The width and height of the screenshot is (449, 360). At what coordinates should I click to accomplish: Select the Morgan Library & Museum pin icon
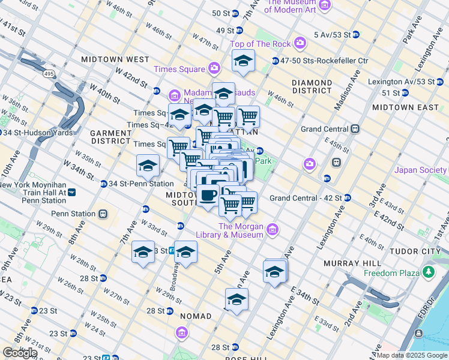pyautogui.click(x=273, y=229)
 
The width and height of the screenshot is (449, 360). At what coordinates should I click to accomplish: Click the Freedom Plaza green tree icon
pyautogui.click(x=429, y=273)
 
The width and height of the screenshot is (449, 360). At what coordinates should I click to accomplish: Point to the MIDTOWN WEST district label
pyautogui.click(x=115, y=59)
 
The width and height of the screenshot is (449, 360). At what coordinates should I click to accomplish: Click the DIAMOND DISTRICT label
pyautogui.click(x=312, y=86)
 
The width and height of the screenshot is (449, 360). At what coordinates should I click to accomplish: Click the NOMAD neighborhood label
pyautogui.click(x=194, y=316)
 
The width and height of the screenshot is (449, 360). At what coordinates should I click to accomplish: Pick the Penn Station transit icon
pyautogui.click(x=103, y=214)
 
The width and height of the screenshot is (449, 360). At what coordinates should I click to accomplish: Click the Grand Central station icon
pyautogui.click(x=355, y=129)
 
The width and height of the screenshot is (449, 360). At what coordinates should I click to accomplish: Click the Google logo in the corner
pyautogui.click(x=20, y=353)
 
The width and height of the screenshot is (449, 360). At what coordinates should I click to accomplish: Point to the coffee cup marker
pyautogui.click(x=208, y=195)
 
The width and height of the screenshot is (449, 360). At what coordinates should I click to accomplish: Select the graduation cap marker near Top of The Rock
pyautogui.click(x=243, y=61)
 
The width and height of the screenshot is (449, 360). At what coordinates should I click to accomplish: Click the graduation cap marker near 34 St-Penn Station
pyautogui.click(x=148, y=165)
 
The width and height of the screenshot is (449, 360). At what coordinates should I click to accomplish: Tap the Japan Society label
pyautogui.click(x=421, y=170)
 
